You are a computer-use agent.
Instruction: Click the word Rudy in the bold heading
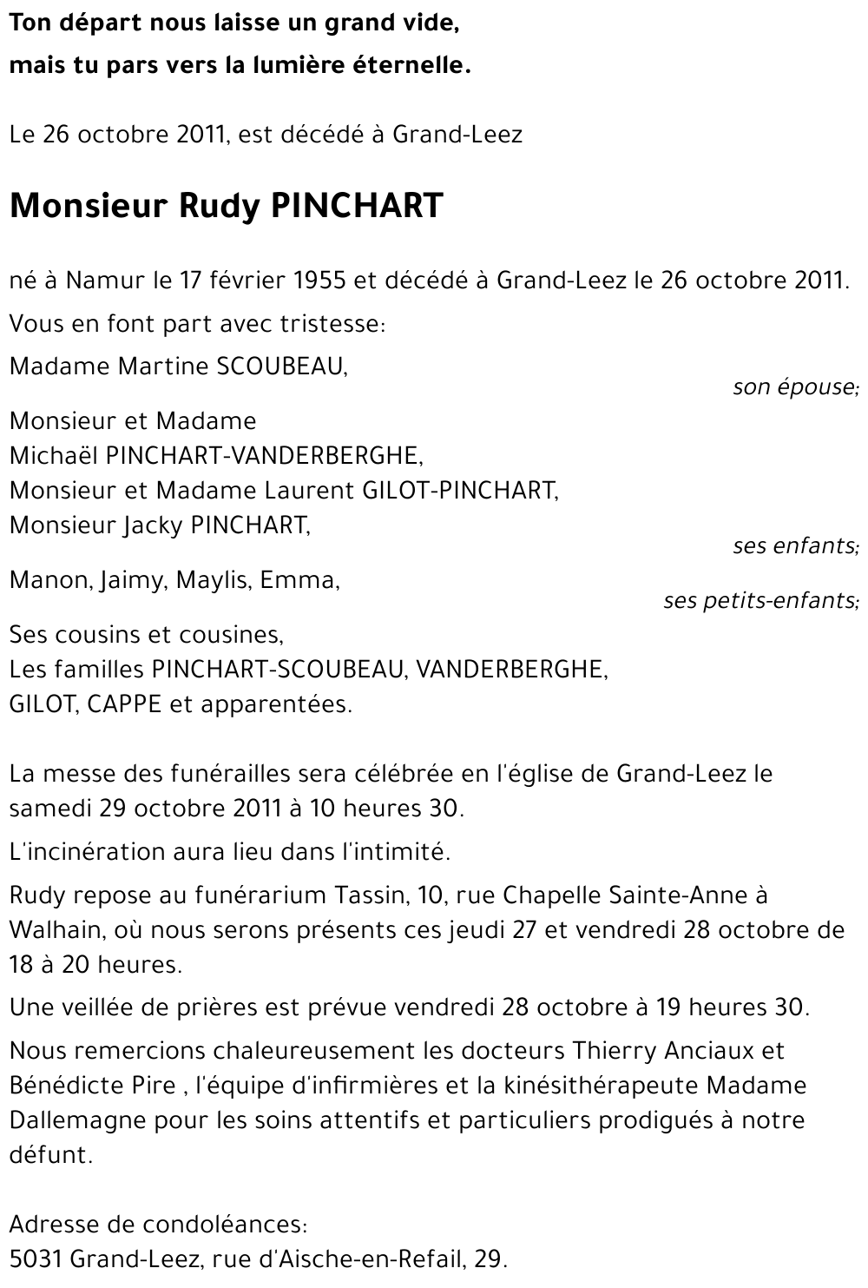point(219,206)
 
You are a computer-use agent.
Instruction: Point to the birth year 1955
point(317,281)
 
